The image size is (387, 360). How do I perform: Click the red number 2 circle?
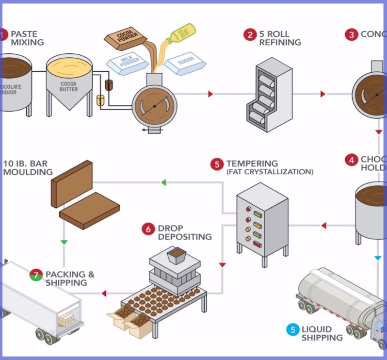point(250,34)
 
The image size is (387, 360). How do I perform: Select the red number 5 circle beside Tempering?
point(217,164)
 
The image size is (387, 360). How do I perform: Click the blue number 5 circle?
point(292,330)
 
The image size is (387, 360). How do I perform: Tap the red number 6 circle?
point(148,229)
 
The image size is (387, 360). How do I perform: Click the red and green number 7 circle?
point(35,275)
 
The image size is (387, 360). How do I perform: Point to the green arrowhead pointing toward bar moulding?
point(163,182)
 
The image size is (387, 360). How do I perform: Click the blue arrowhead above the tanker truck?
point(378,258)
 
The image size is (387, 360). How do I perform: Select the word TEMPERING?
point(252,164)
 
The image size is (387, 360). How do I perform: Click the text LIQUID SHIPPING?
point(322,334)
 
